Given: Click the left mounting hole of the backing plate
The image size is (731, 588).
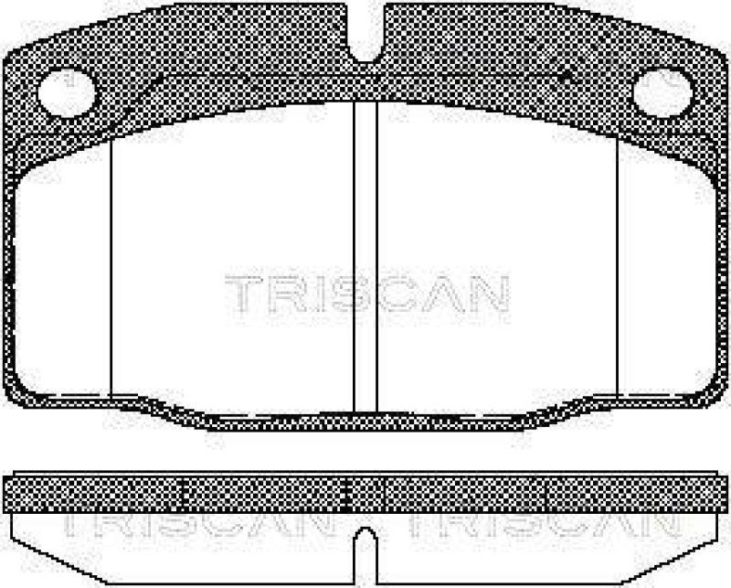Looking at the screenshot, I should (x=68, y=92).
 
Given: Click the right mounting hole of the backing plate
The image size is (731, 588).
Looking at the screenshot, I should (x=662, y=92).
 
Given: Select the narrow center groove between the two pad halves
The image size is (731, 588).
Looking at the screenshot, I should (x=365, y=256).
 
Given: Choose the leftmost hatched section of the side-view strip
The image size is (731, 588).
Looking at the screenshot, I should (x=95, y=494).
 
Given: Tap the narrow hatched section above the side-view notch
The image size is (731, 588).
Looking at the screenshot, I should (x=366, y=494).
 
